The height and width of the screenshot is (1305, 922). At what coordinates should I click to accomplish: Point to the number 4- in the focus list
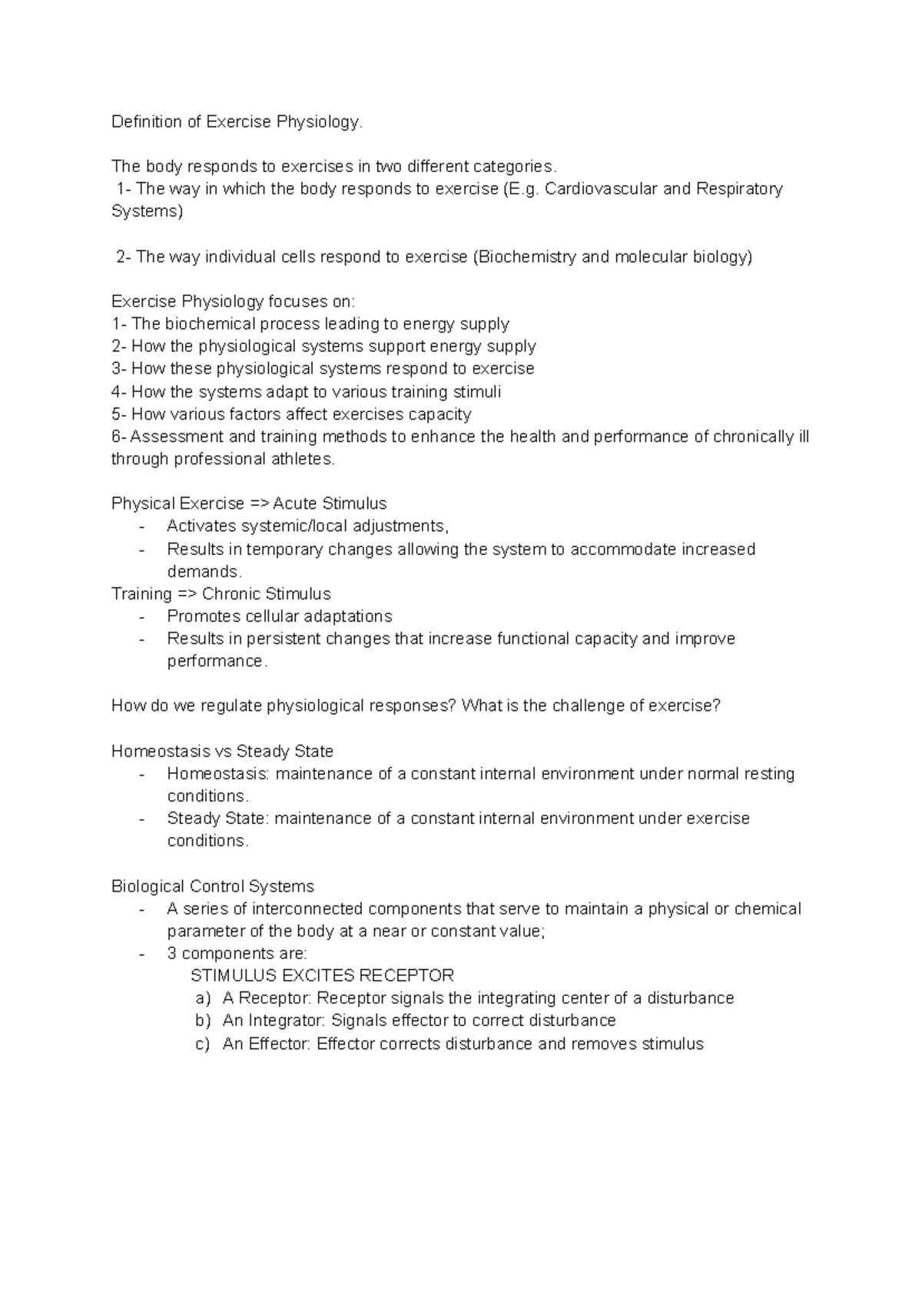coord(119,392)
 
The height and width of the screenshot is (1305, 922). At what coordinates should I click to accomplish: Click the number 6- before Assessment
coord(119,437)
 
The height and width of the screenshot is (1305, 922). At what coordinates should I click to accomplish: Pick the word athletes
coord(306,460)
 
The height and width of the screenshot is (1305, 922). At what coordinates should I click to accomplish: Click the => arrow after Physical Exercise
coord(257,504)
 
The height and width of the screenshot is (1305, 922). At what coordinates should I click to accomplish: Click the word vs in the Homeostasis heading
coord(224,752)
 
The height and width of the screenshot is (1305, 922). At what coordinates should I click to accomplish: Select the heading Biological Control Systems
coord(213,886)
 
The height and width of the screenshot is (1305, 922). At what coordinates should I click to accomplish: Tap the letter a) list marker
coord(203,999)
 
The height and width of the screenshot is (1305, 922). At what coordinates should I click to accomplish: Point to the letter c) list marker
coord(203,1044)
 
